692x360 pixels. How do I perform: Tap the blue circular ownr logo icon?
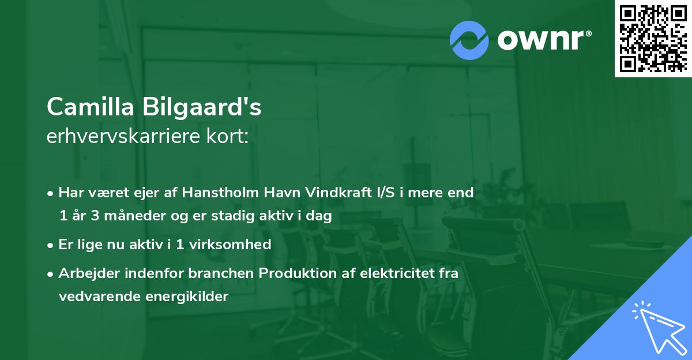(x=470, y=40)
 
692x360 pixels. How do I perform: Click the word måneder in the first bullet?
(x=123, y=216)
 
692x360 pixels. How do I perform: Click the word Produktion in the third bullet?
(x=294, y=273)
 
